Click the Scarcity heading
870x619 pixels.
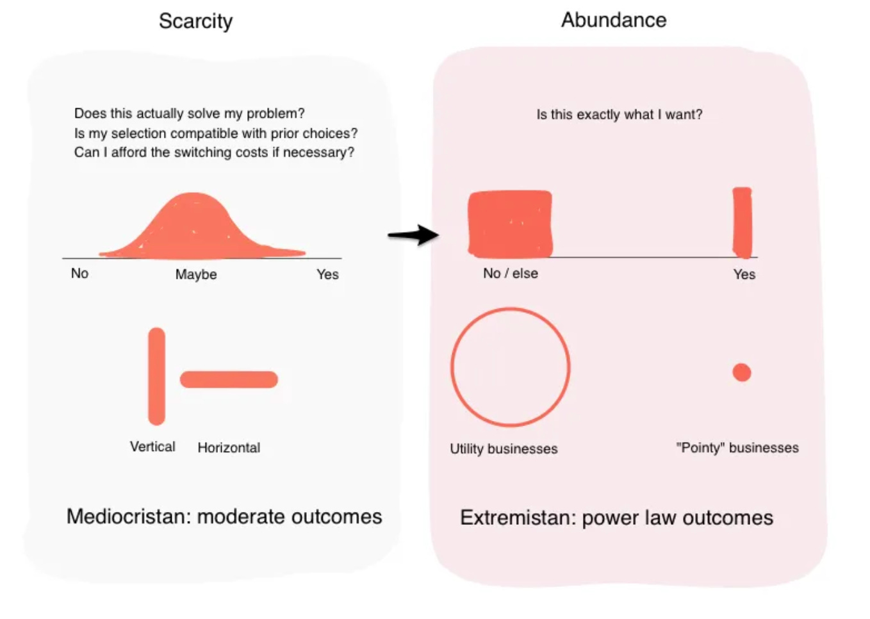point(195,21)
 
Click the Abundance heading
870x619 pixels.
point(614,20)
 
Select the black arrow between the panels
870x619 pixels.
point(414,235)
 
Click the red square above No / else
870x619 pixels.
point(510,224)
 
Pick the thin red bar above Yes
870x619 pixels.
point(742,222)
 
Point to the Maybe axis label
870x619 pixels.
point(196,274)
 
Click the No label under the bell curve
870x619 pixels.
point(79,274)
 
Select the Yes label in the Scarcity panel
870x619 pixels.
point(327,274)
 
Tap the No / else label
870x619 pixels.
point(510,274)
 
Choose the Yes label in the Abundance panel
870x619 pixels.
point(744,274)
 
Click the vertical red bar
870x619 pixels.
point(157,376)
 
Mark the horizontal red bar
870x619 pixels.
point(229,379)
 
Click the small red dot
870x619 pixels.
point(741,372)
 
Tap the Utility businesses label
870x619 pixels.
point(504,449)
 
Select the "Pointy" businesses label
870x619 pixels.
point(737,448)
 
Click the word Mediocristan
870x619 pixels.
point(128,516)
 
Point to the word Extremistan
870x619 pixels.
point(516,518)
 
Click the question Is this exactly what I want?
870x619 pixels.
point(619,115)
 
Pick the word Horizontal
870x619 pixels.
point(229,448)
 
